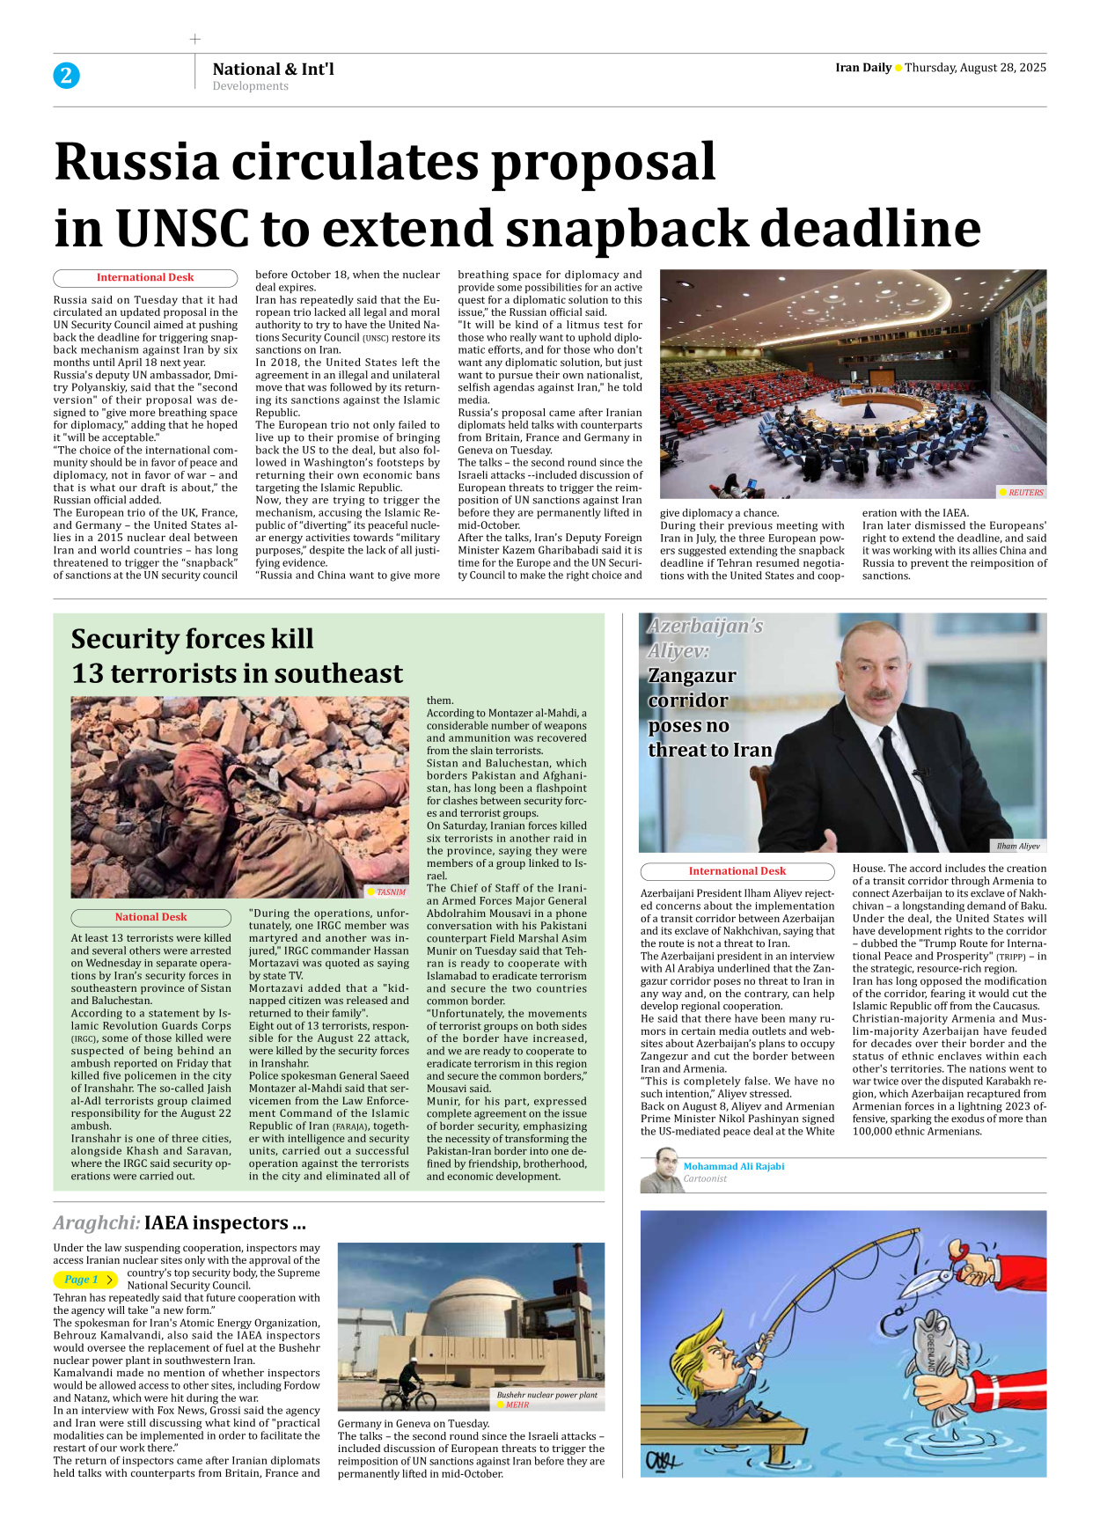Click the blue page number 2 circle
66,76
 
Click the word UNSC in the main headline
182,229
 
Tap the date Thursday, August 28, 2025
975,68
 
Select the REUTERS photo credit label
1025,493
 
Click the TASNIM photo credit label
391,891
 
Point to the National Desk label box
150,917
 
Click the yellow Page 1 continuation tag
85,1280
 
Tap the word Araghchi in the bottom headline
96,1223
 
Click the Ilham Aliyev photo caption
1017,846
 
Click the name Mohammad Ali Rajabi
733,1166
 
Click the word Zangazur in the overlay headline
692,676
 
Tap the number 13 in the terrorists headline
87,674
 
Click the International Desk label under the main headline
145,277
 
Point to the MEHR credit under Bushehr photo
517,1405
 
